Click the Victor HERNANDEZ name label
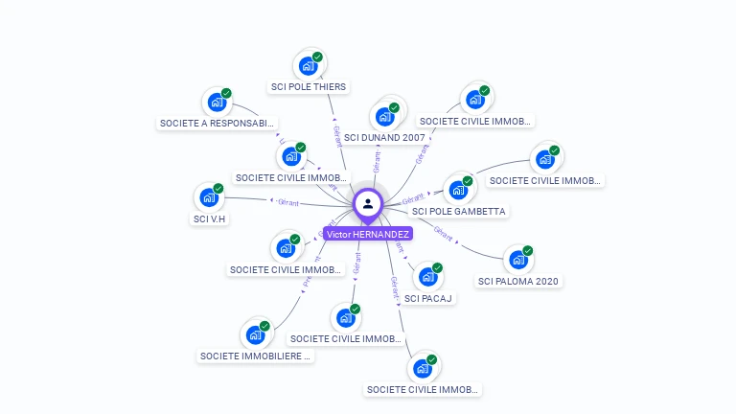[368, 234]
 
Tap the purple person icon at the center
[368, 203]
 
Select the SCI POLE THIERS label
[309, 87]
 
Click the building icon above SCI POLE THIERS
[308, 65]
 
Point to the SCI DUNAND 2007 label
[384, 138]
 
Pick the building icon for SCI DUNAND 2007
[385, 116]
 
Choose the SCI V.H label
[209, 218]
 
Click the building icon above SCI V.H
[209, 197]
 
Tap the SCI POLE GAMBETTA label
[459, 211]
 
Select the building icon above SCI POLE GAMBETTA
[459, 189]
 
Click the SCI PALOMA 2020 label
[518, 281]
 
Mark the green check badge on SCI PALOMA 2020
[527, 251]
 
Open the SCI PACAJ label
[428, 298]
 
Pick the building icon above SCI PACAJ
[427, 277]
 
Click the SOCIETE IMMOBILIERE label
[256, 356]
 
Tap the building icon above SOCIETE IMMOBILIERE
[255, 334]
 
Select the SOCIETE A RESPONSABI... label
[218, 124]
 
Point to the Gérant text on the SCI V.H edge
[287, 202]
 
